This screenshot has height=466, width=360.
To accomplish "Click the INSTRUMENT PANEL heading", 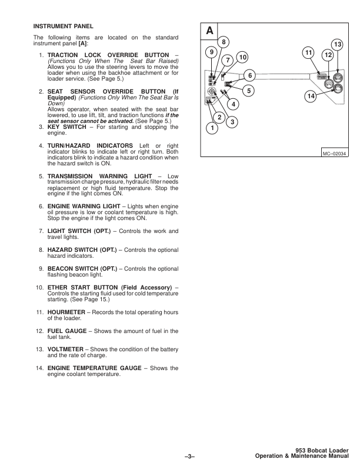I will point(63,27).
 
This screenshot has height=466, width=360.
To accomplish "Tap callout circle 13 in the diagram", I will point(338,45).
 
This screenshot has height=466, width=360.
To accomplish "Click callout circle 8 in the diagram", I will point(223,41).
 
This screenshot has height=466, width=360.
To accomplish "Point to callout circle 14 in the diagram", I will point(311,95).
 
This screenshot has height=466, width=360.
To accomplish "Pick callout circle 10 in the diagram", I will point(242,56).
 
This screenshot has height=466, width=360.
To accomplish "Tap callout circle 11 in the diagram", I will point(309,53).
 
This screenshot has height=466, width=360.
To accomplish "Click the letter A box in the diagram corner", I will point(210,31).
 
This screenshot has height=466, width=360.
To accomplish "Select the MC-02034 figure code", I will point(335,154).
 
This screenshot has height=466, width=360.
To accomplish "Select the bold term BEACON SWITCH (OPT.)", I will point(82,269).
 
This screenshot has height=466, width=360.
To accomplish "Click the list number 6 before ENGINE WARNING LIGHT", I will point(41,207).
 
